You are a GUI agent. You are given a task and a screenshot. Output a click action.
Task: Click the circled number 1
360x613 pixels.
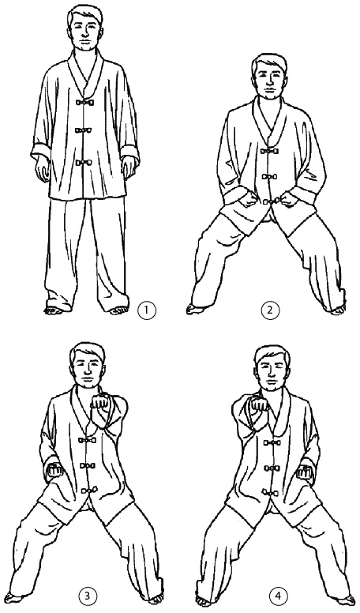click(147, 310)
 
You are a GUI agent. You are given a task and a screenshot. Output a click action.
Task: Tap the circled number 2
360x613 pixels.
click(269, 310)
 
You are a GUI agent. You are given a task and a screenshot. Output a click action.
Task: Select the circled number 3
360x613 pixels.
click(87, 596)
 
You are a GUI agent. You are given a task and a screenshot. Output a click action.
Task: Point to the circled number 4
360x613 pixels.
click(276, 596)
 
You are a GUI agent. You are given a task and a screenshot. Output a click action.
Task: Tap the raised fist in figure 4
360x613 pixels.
click(258, 404)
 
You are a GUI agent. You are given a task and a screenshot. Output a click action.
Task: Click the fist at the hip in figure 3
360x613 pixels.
click(54, 470)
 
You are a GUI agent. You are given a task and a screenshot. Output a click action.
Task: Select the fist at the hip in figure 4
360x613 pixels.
click(305, 472)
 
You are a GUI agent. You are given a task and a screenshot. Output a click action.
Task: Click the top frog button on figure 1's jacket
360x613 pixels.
click(84, 103)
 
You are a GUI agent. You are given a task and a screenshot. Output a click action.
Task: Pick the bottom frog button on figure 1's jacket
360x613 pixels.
click(84, 163)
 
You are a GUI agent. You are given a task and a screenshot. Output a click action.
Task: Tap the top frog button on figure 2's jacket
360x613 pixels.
click(268, 151)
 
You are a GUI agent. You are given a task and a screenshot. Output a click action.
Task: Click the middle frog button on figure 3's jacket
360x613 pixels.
click(88, 466)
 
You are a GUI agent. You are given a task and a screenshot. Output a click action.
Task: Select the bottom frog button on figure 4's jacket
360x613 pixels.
click(272, 492)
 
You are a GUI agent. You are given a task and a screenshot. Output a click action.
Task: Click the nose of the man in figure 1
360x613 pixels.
click(84, 35)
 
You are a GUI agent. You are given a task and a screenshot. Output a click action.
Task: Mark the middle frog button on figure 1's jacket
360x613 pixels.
click(84, 130)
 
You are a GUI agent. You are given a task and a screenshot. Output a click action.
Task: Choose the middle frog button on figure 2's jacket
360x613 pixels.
click(268, 176)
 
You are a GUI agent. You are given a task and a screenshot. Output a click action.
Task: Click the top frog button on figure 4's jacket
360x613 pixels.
click(272, 443)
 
